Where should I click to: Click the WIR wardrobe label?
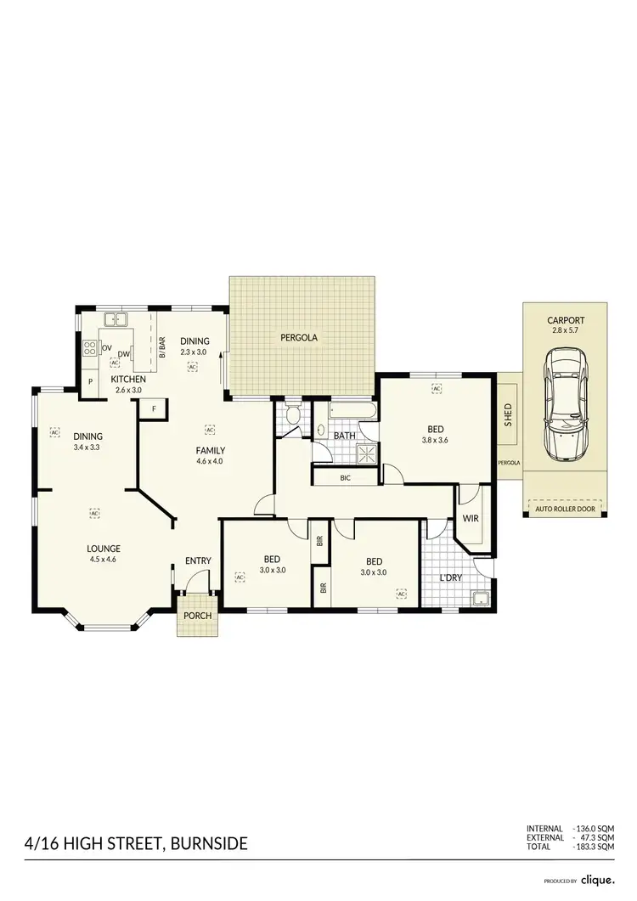coord(470,517)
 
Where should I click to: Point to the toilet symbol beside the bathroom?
coord(293,416)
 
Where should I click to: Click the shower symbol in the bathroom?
coord(368,454)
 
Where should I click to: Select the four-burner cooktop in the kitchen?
coord(88,347)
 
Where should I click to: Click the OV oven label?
coord(107,348)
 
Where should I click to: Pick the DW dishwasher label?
coord(124,355)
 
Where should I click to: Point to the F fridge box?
coord(154,409)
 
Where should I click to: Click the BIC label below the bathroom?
coord(345,478)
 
